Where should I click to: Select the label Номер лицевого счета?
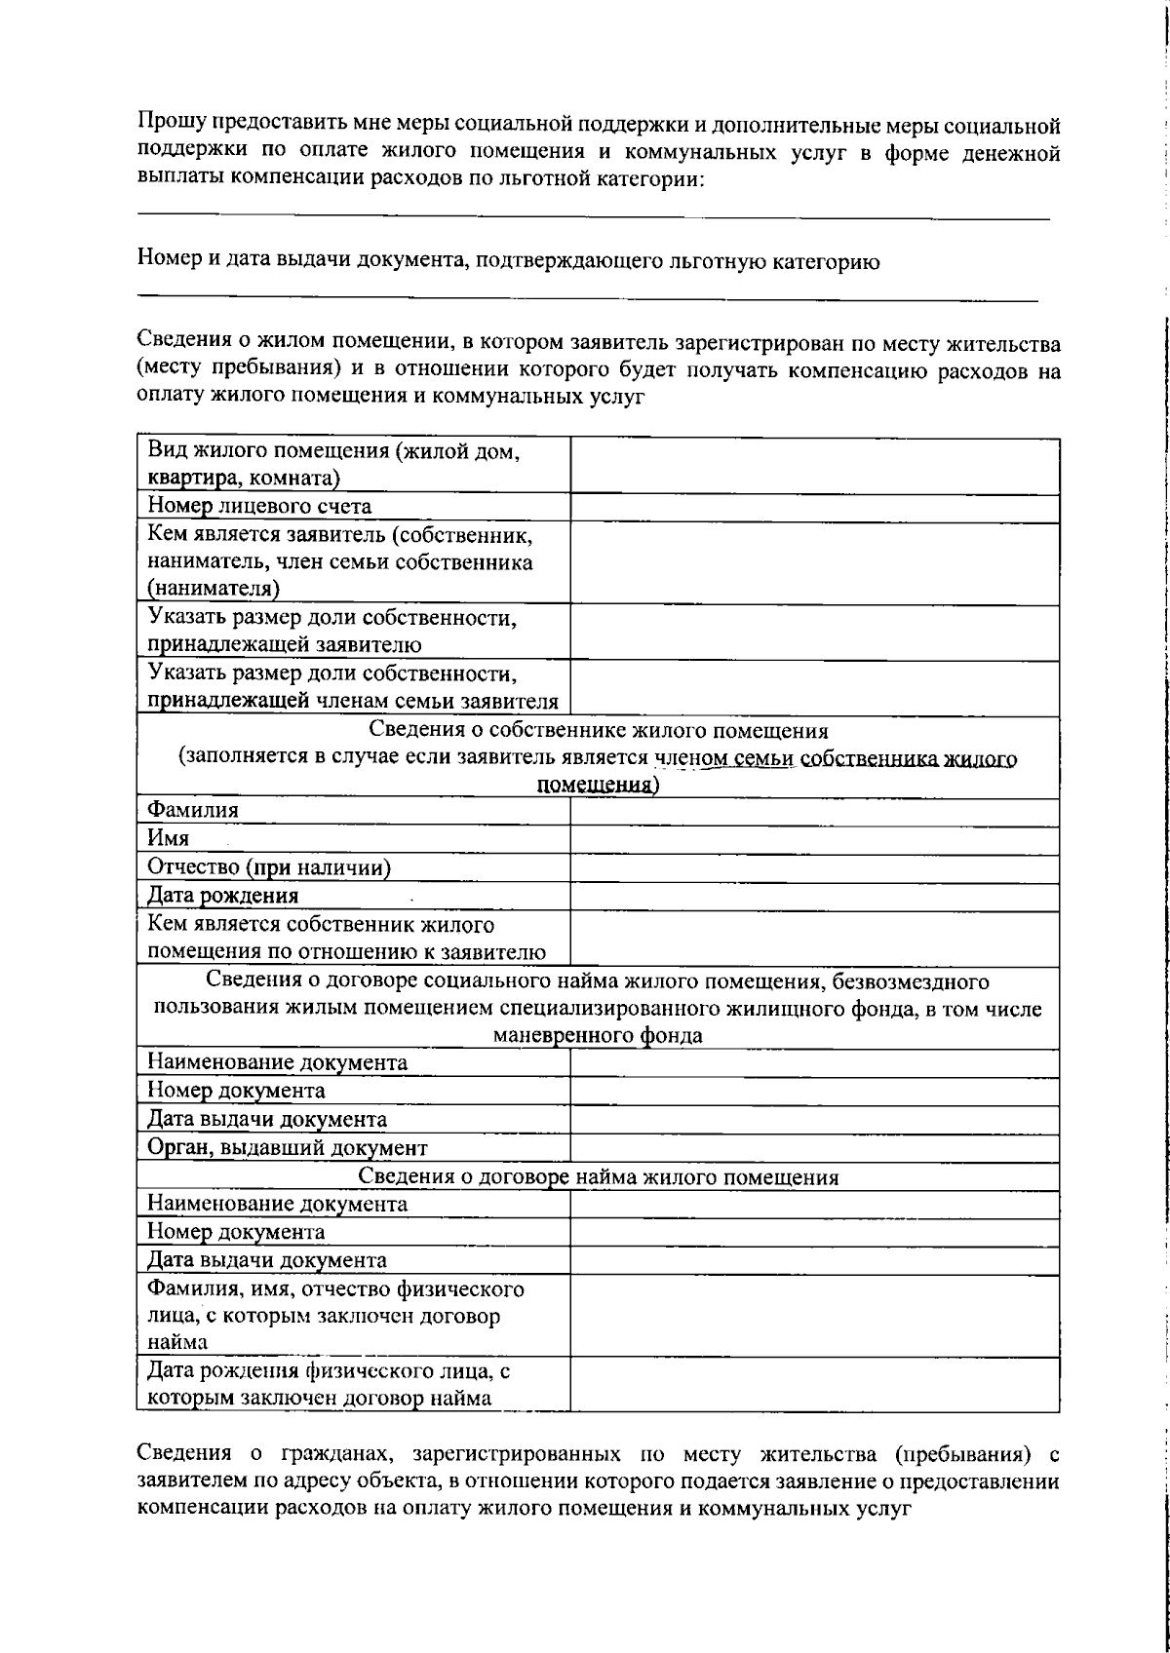[x=259, y=506]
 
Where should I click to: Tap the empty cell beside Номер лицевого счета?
[x=814, y=507]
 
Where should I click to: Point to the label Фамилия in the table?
[x=193, y=810]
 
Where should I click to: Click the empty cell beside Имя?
[x=814, y=839]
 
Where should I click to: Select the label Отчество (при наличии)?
[x=269, y=867]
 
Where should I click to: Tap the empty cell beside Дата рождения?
[x=814, y=896]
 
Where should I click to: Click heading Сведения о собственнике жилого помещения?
[x=598, y=731]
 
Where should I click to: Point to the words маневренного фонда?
[x=598, y=1035]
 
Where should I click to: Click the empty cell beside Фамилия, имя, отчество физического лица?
[x=814, y=1316]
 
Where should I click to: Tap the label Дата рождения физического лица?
[x=329, y=1371]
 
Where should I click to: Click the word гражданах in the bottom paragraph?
[x=337, y=1455]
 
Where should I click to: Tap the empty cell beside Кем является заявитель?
[x=814, y=562]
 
